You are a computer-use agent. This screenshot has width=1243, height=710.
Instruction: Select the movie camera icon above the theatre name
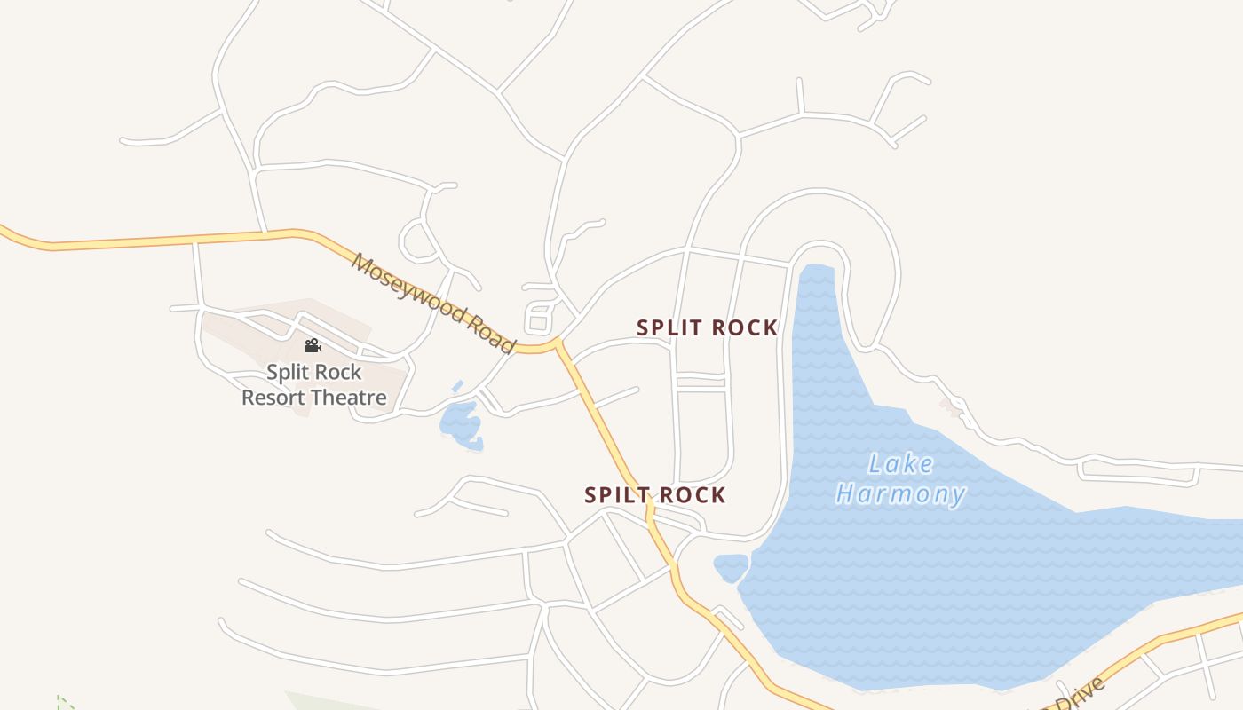pyautogui.click(x=313, y=345)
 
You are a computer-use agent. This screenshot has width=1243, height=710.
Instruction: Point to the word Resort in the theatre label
pyautogui.click(x=273, y=397)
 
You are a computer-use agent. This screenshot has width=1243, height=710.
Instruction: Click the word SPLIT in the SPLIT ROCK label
pyautogui.click(x=670, y=327)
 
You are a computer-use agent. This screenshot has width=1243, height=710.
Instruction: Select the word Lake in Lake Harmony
pyautogui.click(x=900, y=463)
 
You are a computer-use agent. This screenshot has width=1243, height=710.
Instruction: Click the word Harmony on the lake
pyautogui.click(x=900, y=493)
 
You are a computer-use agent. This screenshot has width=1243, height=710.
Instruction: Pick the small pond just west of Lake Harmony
pyautogui.click(x=731, y=565)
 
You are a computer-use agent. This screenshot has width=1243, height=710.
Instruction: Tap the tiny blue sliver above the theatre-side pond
pyautogui.click(x=457, y=386)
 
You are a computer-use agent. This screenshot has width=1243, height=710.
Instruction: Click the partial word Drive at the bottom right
pyautogui.click(x=1079, y=694)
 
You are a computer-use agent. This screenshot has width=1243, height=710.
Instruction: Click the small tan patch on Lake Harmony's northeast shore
pyautogui.click(x=953, y=406)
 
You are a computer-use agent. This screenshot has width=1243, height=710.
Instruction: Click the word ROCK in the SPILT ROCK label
pyautogui.click(x=692, y=495)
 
